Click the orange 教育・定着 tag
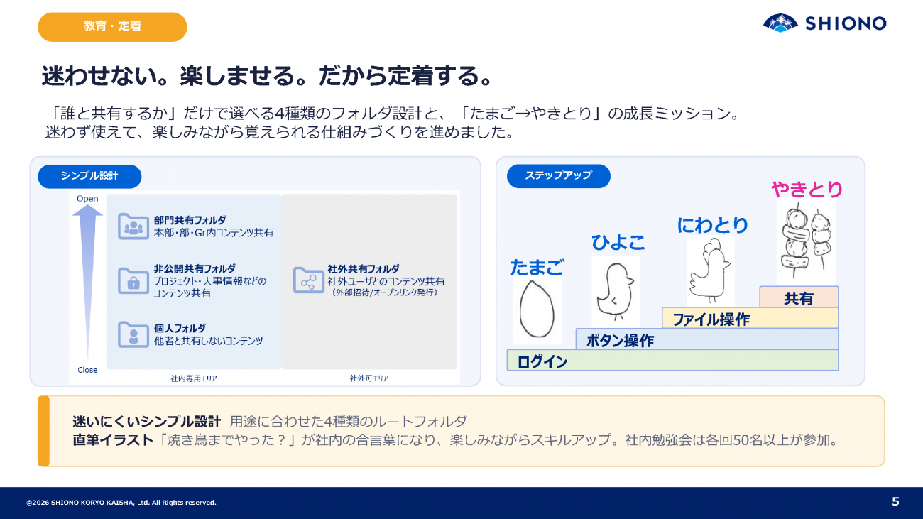click(x=112, y=27)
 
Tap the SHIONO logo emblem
click(x=780, y=23)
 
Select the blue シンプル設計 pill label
click(x=90, y=176)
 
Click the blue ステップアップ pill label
click(x=558, y=176)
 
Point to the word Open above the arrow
click(x=87, y=199)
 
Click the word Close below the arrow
click(x=87, y=370)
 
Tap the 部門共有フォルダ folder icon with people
click(x=133, y=226)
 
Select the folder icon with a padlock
click(x=133, y=280)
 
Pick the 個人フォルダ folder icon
click(x=133, y=334)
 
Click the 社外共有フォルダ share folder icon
click(x=309, y=280)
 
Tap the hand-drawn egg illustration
click(x=537, y=309)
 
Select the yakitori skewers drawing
click(x=807, y=240)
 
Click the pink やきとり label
click(x=807, y=190)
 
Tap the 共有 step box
click(x=799, y=297)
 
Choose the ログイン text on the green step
click(x=542, y=362)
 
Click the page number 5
click(x=895, y=501)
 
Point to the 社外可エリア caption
click(x=369, y=378)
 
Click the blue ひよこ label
click(x=618, y=242)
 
